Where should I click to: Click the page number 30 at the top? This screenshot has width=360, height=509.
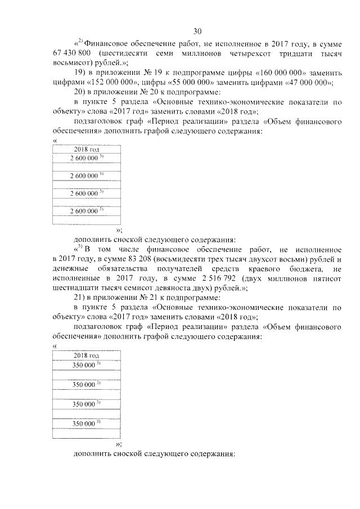point(197,31)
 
